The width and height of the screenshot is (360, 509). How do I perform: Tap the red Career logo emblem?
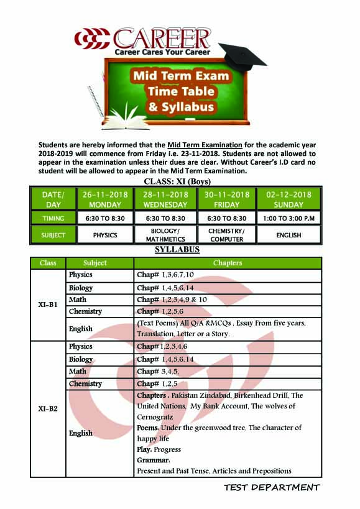coord(91,39)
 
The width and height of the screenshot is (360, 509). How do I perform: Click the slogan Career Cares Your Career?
coord(162,52)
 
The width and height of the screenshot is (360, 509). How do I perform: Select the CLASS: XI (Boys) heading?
coord(177,181)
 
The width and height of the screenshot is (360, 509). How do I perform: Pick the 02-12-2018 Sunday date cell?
coord(288,199)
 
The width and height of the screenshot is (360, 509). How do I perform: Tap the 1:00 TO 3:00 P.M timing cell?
coord(288,218)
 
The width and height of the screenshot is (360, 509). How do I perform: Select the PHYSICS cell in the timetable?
coord(105,235)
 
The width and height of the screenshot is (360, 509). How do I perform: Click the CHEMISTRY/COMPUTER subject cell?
coord(226,235)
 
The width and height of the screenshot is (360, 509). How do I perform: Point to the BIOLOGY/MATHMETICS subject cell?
coord(165,235)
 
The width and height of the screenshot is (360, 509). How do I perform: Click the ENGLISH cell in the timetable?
coord(288,235)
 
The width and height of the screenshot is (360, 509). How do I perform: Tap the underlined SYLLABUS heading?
coord(177,250)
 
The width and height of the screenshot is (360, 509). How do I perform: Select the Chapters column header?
coord(227,263)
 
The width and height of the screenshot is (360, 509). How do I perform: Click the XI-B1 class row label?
coord(48,305)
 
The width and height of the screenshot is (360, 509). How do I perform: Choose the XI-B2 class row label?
coord(48,408)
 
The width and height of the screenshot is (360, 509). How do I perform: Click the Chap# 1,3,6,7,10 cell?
coord(165,275)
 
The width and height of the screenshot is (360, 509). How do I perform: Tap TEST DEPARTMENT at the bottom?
coord(272,487)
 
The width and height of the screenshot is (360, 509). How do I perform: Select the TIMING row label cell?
coord(53,218)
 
